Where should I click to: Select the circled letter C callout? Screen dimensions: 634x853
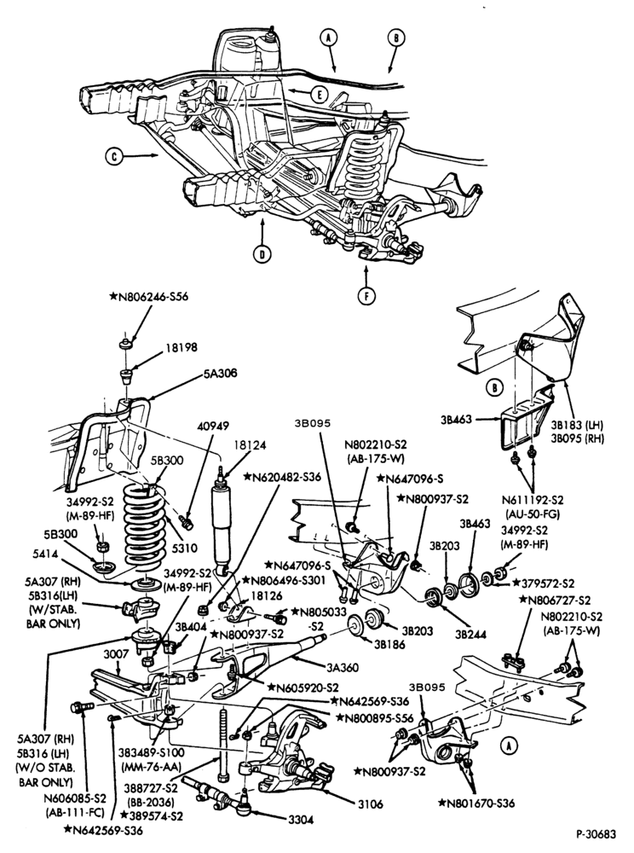point(112,157)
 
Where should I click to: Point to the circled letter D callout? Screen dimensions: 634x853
point(262,254)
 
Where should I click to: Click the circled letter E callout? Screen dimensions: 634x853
point(320,96)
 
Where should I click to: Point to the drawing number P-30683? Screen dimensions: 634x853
point(596,834)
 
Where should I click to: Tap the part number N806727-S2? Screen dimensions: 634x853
point(555,600)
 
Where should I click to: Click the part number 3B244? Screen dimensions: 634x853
point(470,634)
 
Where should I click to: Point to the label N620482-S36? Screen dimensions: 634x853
point(283,477)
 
